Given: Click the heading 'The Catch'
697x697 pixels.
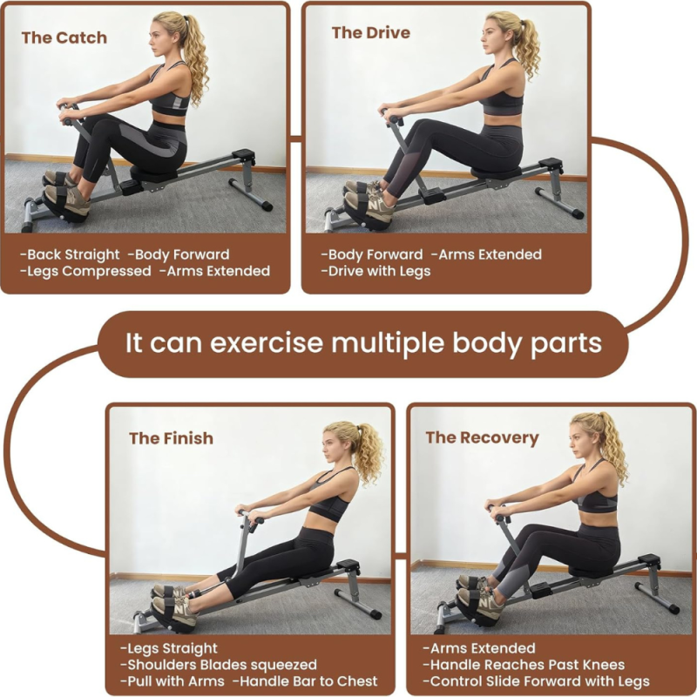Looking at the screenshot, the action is [x=64, y=37].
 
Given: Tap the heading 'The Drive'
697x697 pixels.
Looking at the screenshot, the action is [x=371, y=32].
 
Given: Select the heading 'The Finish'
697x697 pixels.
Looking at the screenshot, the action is [x=171, y=438].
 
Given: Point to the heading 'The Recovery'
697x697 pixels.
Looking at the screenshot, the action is [x=483, y=438].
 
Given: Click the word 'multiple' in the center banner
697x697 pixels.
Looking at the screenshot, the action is [x=388, y=343].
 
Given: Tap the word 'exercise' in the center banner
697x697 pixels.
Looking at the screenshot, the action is [x=267, y=343].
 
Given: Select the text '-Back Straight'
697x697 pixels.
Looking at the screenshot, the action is [x=70, y=254].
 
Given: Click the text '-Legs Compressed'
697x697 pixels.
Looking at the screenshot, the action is [x=85, y=271].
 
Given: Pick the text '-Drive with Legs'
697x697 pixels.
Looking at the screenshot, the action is [x=376, y=271].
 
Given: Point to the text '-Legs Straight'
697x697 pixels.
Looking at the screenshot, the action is [x=169, y=648].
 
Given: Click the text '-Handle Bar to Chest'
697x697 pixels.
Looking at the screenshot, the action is [x=305, y=681].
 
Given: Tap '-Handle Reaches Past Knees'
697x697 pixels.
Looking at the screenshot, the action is [x=524, y=665].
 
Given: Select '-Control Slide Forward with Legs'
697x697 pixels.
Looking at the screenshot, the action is [x=536, y=681].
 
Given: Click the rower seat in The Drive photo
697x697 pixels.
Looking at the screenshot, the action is [x=496, y=172].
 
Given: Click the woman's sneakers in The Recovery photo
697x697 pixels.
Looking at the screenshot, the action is [x=477, y=597].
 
